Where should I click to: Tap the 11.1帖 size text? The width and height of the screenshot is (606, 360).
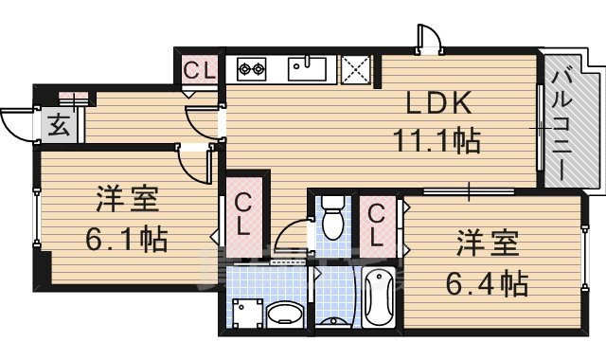(x=437, y=141)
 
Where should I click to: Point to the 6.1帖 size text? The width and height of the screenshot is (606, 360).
(x=127, y=239)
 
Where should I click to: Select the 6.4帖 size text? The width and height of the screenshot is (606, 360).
(x=489, y=281)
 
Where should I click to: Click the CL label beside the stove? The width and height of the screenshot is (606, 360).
(x=200, y=70)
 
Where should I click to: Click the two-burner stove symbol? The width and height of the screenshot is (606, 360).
(x=253, y=69)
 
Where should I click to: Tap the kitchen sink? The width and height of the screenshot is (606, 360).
(x=307, y=69)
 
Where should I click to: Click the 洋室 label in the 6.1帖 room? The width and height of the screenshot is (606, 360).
(x=127, y=201)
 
